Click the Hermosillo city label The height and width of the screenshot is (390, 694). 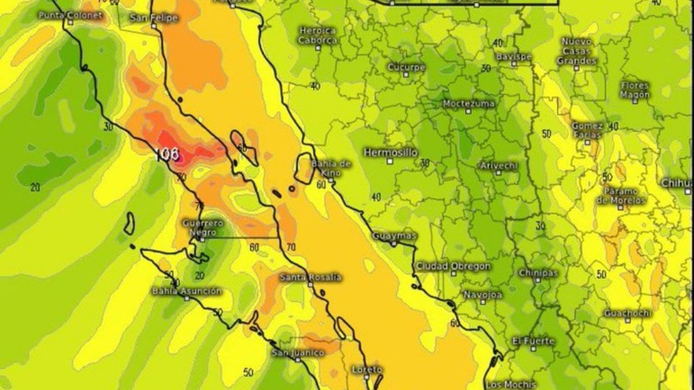click(390, 152)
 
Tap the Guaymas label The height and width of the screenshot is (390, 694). click(394, 236)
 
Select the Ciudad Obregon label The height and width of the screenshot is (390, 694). click(453, 266)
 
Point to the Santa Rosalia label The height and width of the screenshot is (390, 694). click(310, 277)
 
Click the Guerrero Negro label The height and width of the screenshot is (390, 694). click(202, 227)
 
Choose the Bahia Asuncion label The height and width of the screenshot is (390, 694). click(187, 291)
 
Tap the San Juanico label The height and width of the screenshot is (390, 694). click(298, 353)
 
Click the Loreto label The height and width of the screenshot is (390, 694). click(367, 369)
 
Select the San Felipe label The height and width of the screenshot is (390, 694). click(154, 18)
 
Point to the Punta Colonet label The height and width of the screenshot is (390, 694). click(70, 15)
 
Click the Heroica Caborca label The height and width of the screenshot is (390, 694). click(318, 35)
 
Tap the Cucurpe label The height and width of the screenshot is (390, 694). click(406, 67)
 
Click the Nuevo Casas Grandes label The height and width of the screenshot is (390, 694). click(576, 51)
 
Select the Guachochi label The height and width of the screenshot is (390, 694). click(627, 313)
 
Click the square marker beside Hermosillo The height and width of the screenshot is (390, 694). click(390, 161)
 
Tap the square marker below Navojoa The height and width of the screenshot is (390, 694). click(483, 302)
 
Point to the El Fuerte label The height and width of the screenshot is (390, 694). click(534, 341)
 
